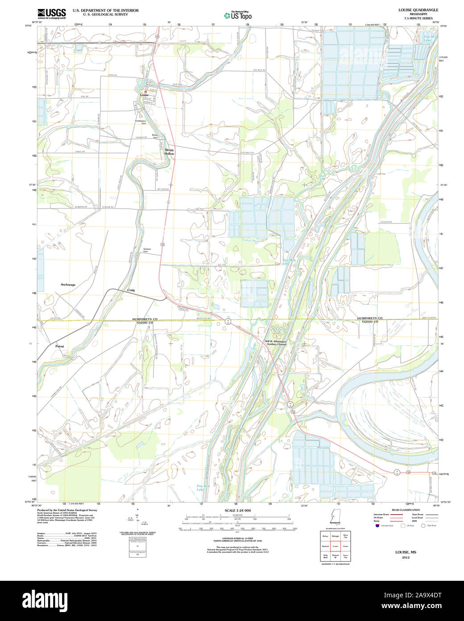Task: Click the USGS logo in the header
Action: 51,13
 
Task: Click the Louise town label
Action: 144,95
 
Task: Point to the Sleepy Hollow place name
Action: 169,151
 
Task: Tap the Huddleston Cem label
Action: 141,122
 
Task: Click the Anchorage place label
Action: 68,285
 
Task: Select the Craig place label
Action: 131,290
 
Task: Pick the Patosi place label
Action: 60,346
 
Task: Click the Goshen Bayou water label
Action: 250,240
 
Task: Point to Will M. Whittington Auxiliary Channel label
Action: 276,343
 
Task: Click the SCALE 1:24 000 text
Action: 237,510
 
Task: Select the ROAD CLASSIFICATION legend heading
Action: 405,510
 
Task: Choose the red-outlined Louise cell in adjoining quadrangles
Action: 336,546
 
